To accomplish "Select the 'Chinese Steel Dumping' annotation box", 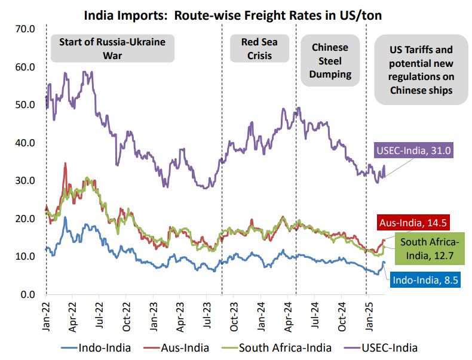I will pyautogui.click(x=329, y=61).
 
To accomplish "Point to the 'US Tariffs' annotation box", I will pyautogui.click(x=421, y=70).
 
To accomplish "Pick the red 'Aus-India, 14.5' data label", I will pyautogui.click(x=412, y=223).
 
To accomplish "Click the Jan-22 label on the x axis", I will pyautogui.click(x=46, y=313).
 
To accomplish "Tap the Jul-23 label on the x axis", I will pyautogui.click(x=207, y=313).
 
